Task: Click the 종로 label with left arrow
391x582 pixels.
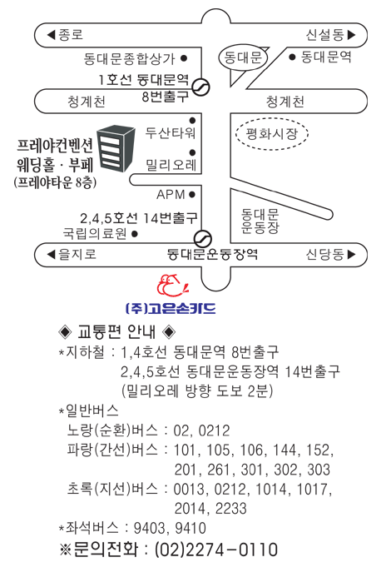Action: (x=65, y=35)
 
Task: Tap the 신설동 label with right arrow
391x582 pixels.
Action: (x=330, y=35)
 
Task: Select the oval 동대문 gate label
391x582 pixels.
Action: (x=243, y=57)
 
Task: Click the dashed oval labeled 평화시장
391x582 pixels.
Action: (x=272, y=133)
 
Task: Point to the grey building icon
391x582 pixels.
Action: (x=116, y=148)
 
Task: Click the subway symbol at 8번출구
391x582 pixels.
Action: (x=201, y=87)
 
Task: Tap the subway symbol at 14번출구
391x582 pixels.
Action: (x=203, y=239)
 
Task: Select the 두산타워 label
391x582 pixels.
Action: (x=171, y=132)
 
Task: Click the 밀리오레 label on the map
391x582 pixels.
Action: (x=171, y=165)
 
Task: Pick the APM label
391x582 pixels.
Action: (x=171, y=194)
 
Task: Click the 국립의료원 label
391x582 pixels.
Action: (x=95, y=233)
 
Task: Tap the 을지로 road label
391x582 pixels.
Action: (x=72, y=254)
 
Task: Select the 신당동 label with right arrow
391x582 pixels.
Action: (x=330, y=254)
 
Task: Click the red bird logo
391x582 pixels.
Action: (x=172, y=285)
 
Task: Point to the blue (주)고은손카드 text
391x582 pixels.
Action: (x=171, y=308)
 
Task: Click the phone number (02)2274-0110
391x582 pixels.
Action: (x=216, y=550)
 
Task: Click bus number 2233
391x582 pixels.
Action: (x=230, y=508)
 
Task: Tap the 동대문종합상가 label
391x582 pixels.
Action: (x=129, y=58)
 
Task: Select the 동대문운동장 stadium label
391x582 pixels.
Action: (x=260, y=221)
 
